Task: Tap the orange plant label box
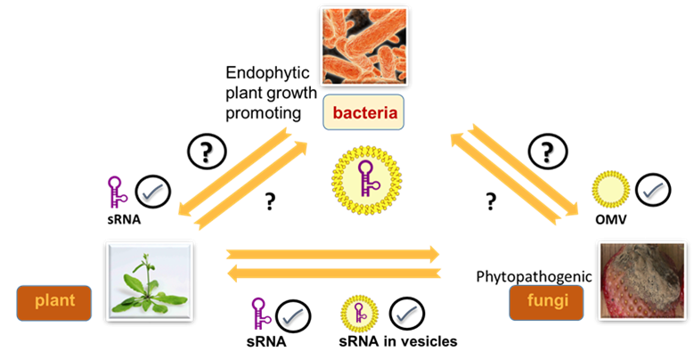click(53, 302)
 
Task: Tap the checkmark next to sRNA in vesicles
click(406, 314)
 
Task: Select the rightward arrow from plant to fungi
click(333, 253)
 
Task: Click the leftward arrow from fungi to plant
click(333, 273)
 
